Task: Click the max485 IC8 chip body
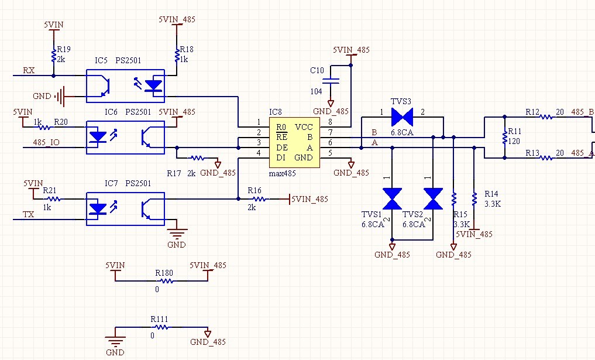coord(294,142)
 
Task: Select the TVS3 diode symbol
coord(402,116)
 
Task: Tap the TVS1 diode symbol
coord(391,198)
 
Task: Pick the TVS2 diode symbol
coord(433,198)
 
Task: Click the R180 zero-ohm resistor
coord(166,281)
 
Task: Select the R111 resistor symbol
coord(161,327)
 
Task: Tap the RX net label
coord(29,71)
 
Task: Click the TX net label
coord(28,215)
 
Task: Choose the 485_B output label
coord(582,112)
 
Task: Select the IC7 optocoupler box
coord(125,207)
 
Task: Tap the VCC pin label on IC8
coord(304,127)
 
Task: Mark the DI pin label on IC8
coord(281,157)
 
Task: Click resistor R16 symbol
coord(257,199)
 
